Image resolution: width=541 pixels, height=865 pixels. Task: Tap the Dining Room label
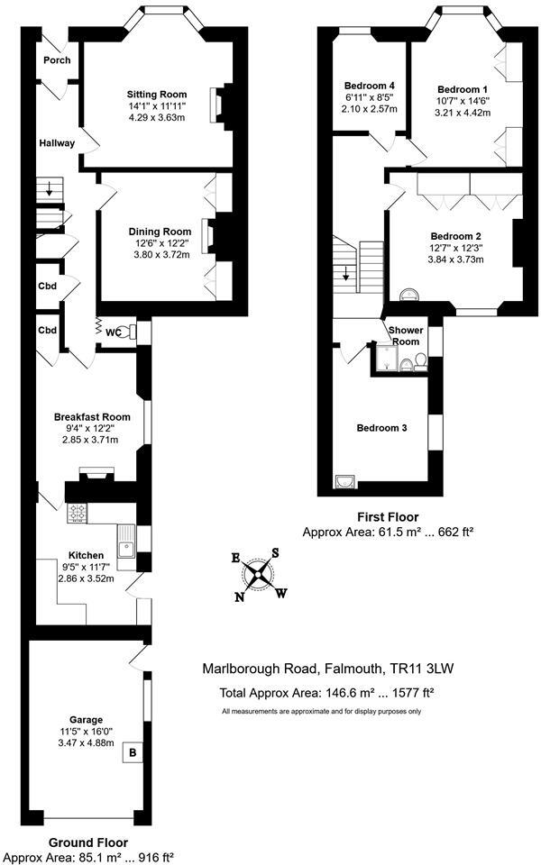[159, 232]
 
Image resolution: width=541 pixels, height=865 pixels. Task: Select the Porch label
[56, 60]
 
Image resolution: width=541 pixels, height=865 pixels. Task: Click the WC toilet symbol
[130, 331]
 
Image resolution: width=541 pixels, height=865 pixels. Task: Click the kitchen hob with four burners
[78, 513]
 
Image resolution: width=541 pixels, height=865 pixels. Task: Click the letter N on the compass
[240, 596]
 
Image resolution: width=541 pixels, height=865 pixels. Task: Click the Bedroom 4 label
[371, 86]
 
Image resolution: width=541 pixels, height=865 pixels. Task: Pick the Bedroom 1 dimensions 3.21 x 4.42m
[463, 114]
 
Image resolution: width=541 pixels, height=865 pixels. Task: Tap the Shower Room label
[405, 335]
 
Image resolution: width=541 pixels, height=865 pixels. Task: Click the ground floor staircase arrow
[50, 191]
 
